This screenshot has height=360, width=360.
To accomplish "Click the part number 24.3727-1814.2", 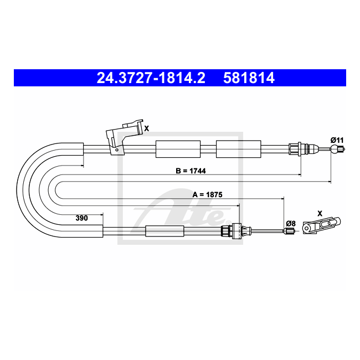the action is [x=151, y=78].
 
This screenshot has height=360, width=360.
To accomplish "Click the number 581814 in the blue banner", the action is [x=249, y=78].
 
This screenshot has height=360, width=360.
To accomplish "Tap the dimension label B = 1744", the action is [x=191, y=171].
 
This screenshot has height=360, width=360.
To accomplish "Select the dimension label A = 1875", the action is [x=207, y=195].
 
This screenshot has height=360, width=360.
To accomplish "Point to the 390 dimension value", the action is [x=82, y=218].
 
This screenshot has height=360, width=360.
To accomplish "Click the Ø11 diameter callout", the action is [x=337, y=140].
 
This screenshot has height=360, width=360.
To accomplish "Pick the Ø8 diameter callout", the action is [x=291, y=223].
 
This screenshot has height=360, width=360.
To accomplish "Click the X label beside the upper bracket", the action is [x=146, y=128].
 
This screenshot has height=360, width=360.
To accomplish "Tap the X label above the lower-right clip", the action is [x=320, y=214].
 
